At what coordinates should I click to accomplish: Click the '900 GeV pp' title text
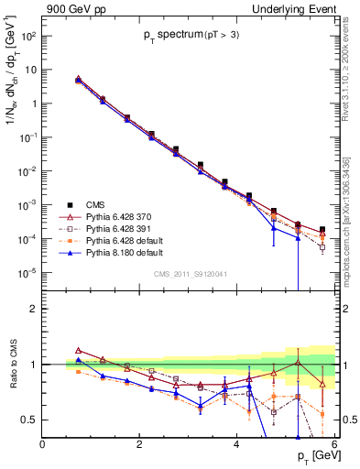coord(72,9)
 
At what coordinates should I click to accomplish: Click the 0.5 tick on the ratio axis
coord(29,420)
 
